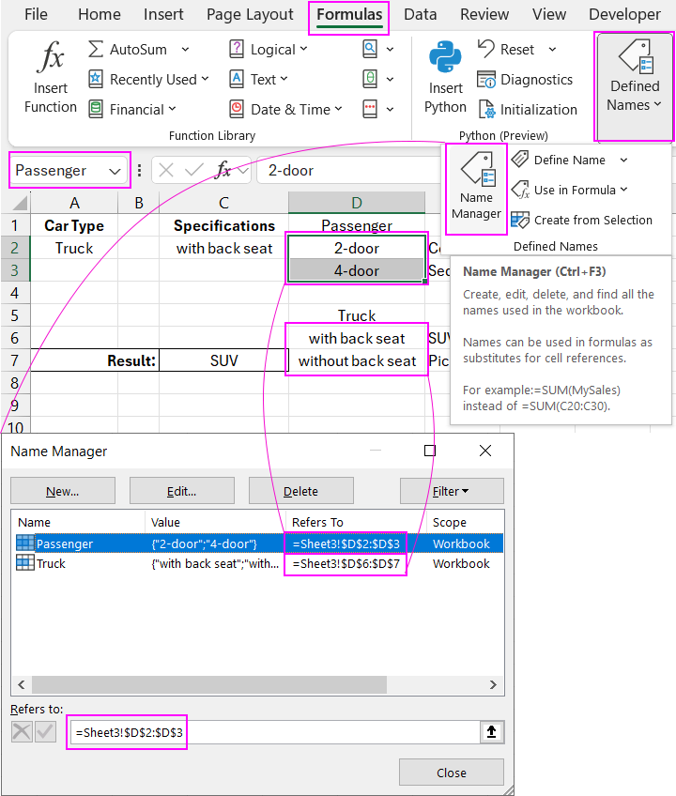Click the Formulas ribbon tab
pos(349,15)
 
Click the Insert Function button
pos(51,79)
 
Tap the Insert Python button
pos(445,79)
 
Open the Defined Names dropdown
pos(635,84)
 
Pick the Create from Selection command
pos(592,220)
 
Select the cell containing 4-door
pos(357,271)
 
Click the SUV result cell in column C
pos(223,360)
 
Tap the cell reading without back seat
pos(357,361)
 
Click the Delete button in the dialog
pos(300,491)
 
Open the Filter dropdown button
pos(451,491)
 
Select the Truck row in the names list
pos(52,564)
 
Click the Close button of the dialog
pos(451,773)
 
